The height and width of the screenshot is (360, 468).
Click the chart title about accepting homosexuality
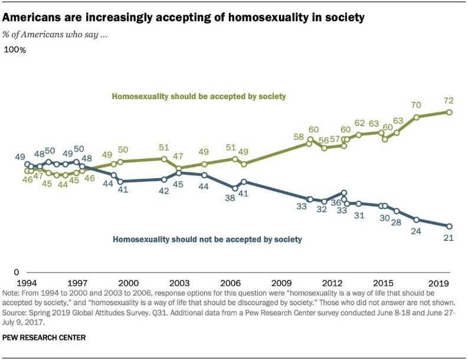[x=185, y=18]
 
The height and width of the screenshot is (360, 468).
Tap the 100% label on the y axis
[x=15, y=51]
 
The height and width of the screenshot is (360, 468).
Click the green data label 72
[x=450, y=101]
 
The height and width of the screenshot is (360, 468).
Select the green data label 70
[x=416, y=106]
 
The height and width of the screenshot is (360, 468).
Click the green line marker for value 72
[x=450, y=112]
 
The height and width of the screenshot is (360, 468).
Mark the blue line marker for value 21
[x=450, y=226]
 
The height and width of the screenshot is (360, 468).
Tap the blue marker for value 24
[x=417, y=220]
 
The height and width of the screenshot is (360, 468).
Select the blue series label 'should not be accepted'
[x=207, y=239]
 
